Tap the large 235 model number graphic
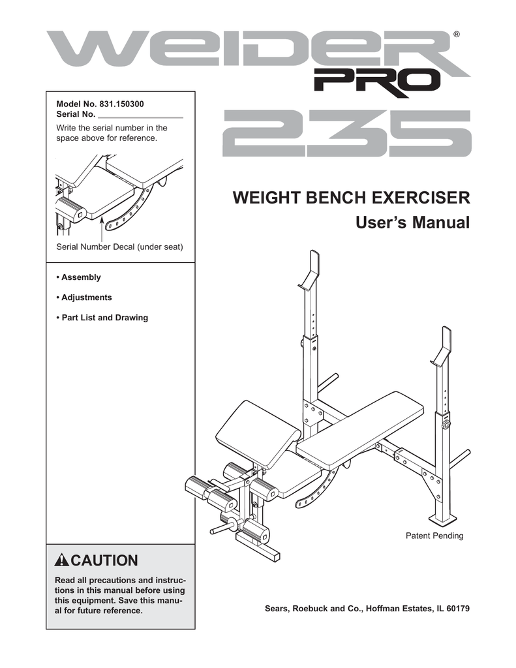click(346, 134)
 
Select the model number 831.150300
click(122, 104)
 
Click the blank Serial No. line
click(140, 115)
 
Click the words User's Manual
click(412, 223)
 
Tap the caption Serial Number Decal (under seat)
click(120, 247)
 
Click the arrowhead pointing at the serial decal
click(102, 222)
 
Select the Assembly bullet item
click(79, 277)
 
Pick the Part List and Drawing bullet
click(102, 318)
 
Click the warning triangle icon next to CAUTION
click(62, 560)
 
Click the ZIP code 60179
click(457, 609)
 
